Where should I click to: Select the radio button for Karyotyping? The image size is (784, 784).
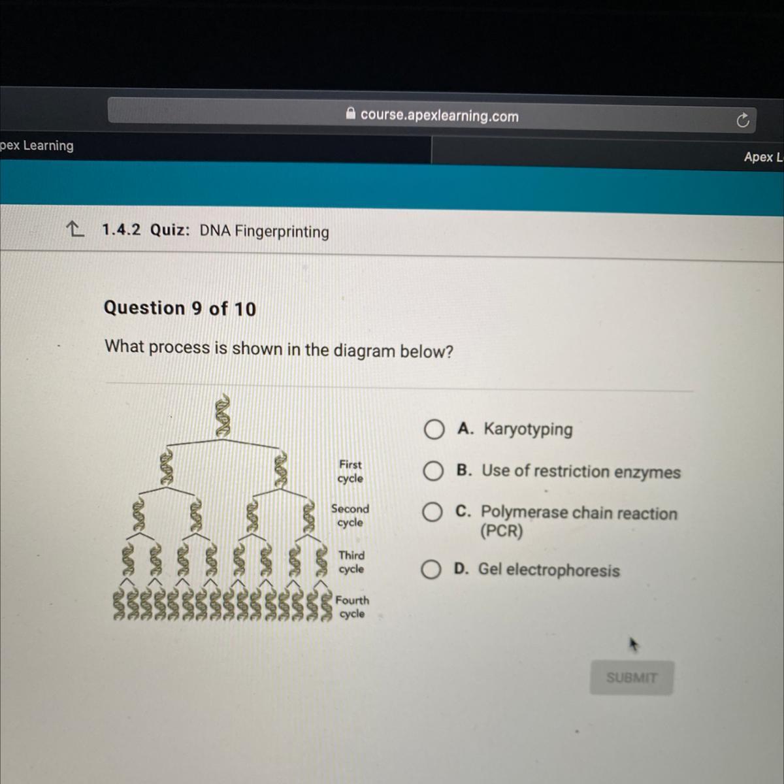coord(434,430)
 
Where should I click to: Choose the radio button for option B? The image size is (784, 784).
coord(433,471)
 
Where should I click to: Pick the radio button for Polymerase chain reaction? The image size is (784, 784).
coord(432,512)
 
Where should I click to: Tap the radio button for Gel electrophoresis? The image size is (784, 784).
coord(431,569)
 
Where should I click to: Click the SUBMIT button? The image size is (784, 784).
coord(631,678)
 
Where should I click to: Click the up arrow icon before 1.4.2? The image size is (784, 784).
coord(75,229)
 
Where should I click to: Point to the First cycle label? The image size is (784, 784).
coord(350,471)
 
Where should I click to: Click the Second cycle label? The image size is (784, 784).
coord(350,515)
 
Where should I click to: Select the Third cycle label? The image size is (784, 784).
coord(351,562)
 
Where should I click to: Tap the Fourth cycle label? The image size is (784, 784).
coord(352,606)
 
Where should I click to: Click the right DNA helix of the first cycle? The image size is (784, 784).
coord(280,470)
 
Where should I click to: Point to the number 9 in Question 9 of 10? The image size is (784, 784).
coord(197,308)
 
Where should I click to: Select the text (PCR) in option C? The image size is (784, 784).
coord(501,531)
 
